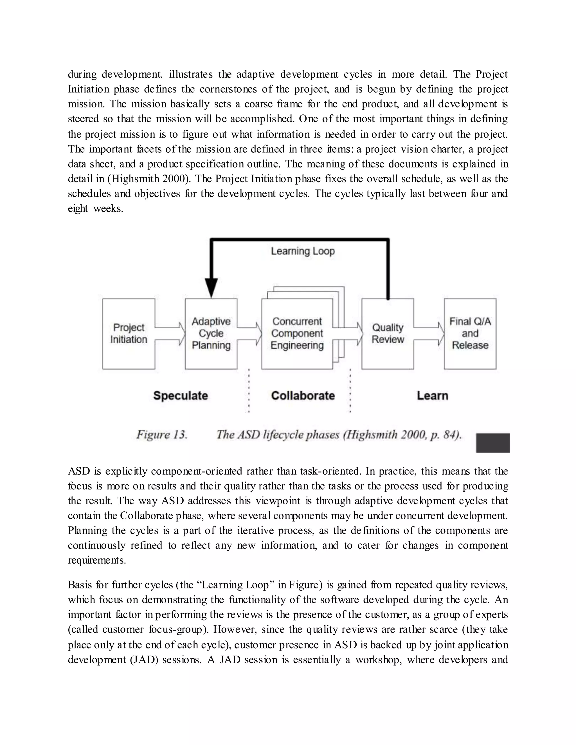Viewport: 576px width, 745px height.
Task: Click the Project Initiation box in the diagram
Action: (x=129, y=334)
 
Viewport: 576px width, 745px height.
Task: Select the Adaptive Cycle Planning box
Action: (x=211, y=334)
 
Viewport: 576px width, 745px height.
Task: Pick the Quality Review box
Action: (x=388, y=334)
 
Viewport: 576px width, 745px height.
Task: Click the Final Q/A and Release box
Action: (x=470, y=334)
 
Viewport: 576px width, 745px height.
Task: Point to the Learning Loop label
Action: (x=303, y=251)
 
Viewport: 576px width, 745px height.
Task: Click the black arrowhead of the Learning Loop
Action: (x=211, y=288)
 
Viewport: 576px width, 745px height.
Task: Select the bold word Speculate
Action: (x=181, y=396)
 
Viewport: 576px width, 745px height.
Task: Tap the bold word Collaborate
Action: (x=303, y=396)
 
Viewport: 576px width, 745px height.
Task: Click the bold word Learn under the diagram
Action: (x=432, y=396)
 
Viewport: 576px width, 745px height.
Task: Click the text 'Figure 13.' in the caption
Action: (x=162, y=435)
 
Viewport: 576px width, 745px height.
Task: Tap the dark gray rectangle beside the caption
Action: (x=492, y=443)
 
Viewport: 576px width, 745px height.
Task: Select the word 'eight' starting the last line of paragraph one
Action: (x=78, y=208)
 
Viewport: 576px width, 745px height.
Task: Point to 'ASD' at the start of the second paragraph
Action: (x=79, y=471)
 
